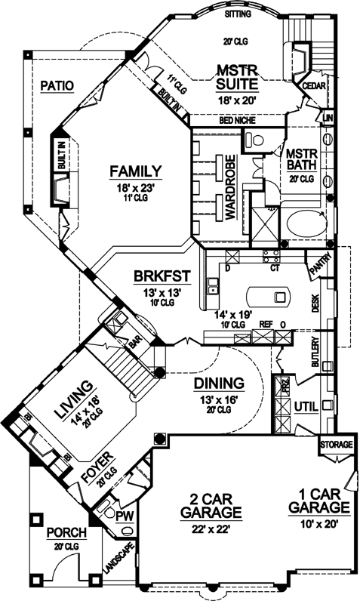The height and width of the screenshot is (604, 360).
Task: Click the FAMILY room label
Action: (x=136, y=170)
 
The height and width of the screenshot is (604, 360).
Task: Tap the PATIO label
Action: (x=57, y=85)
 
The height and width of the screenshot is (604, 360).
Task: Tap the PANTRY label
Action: (x=318, y=265)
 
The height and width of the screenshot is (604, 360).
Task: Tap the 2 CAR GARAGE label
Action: (x=204, y=505)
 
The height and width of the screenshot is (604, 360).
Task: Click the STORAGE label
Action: (x=336, y=445)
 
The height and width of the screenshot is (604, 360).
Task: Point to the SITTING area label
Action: (x=239, y=14)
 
